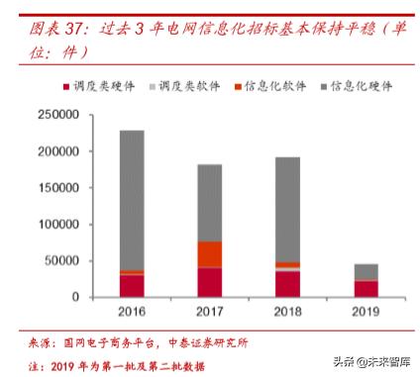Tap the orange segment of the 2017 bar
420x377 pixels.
pos(209,254)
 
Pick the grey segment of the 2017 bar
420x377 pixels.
pos(209,203)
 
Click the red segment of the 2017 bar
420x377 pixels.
pos(209,282)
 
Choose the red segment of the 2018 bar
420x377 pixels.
pos(287,284)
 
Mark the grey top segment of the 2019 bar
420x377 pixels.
pos(366,272)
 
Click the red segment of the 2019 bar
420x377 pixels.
pos(366,288)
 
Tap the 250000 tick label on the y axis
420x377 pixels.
pos(56,116)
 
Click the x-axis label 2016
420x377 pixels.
pos(132,312)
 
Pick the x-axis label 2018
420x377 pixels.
pos(287,312)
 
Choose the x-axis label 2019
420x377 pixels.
pos(366,312)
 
